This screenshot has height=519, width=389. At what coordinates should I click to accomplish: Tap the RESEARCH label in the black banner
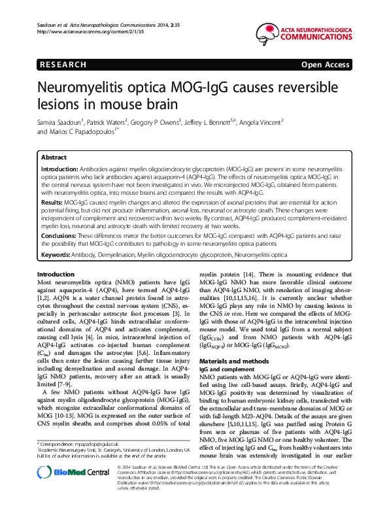coord(63,65)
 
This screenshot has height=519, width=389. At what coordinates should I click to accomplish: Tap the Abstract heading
coord(54,158)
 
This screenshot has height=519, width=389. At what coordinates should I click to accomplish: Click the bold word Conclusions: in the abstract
coord(59,235)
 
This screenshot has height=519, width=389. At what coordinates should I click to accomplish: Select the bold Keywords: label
coord(57,254)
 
